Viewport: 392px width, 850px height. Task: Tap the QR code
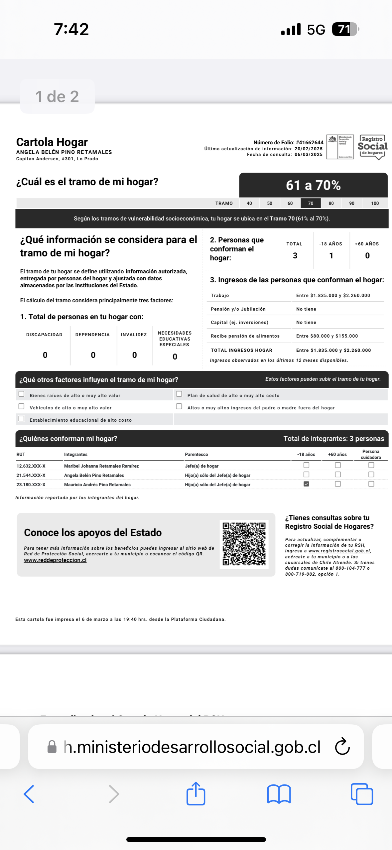(244, 544)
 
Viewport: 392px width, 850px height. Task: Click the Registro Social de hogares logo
(372, 147)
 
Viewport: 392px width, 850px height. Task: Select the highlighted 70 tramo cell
(311, 203)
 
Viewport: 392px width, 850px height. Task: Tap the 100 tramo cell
(375, 203)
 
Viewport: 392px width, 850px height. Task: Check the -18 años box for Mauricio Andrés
(306, 484)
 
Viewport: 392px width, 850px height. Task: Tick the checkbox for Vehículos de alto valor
(22, 406)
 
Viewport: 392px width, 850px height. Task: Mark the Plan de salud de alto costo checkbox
(179, 394)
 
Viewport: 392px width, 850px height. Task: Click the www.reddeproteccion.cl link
(55, 560)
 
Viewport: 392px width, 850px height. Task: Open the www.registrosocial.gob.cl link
(339, 551)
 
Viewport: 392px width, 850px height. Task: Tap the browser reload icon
(342, 747)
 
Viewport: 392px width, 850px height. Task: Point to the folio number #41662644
(310, 143)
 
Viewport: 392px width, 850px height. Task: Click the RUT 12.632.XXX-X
(31, 466)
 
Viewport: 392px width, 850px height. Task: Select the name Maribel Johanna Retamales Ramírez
(101, 466)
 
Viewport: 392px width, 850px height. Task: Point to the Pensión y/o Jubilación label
(238, 309)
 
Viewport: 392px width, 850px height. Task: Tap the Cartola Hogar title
(52, 142)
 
